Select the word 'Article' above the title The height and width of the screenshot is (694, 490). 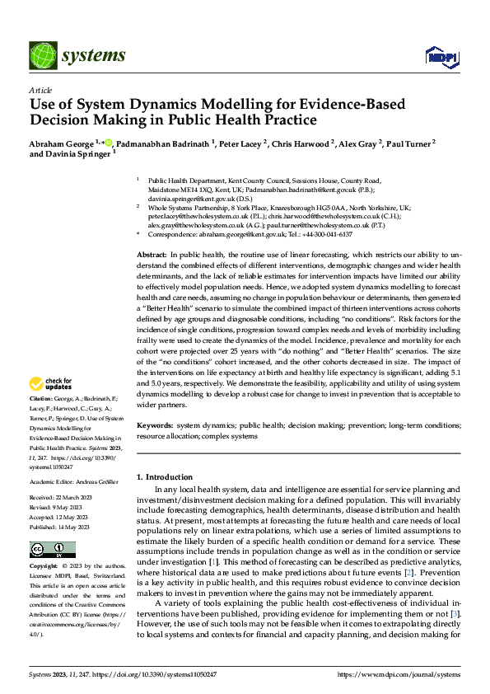(40, 90)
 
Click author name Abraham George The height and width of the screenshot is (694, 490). (61, 143)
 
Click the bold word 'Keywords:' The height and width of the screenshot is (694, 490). (155, 425)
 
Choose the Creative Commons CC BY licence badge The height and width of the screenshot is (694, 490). (52, 550)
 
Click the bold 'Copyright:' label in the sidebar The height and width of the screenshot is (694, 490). (44, 567)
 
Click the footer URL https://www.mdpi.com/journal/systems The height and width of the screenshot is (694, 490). (399, 675)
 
